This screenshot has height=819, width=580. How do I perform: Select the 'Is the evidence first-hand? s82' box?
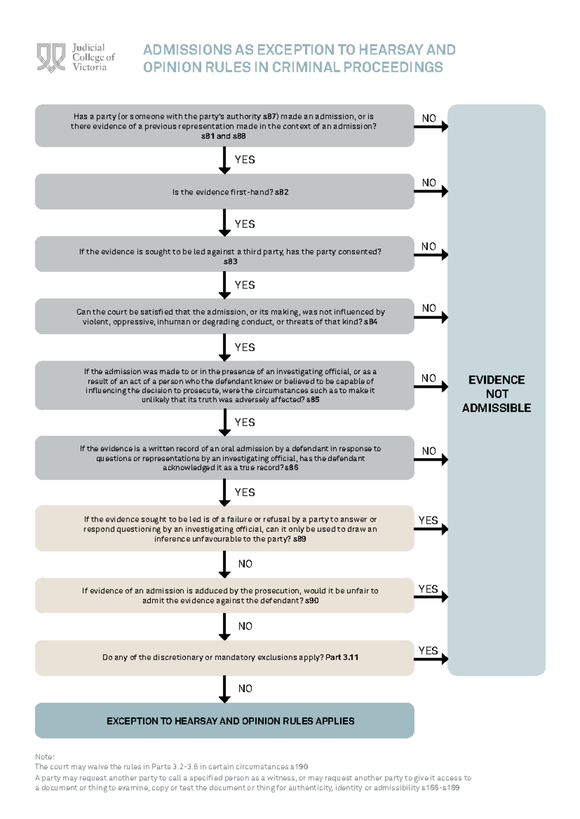click(x=224, y=192)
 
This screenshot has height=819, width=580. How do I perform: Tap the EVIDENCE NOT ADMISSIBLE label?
click(x=496, y=394)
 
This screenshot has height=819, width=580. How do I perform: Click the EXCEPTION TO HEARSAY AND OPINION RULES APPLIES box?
click(x=224, y=720)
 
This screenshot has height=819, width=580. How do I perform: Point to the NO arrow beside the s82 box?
click(x=431, y=191)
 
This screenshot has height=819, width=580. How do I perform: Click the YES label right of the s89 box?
click(x=428, y=520)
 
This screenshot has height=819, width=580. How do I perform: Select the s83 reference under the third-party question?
click(x=230, y=261)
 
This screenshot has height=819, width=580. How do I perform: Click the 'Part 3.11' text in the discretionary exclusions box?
click(x=342, y=657)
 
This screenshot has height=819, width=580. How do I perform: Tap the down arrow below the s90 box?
click(x=224, y=626)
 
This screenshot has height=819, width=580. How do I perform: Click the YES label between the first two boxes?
click(x=245, y=160)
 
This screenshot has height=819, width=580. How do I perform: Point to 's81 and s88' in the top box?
click(x=223, y=136)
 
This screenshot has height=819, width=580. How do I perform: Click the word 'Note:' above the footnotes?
click(x=44, y=757)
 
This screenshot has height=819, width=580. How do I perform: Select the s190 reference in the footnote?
click(x=299, y=766)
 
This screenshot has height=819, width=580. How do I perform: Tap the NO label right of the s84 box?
click(x=429, y=308)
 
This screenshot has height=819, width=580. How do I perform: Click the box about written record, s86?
click(x=224, y=458)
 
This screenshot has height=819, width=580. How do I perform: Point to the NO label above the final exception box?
click(x=245, y=689)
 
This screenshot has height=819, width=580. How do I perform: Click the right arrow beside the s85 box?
click(x=431, y=386)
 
